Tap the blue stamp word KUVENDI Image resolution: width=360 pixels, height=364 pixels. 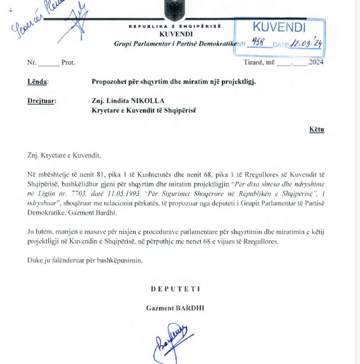279,27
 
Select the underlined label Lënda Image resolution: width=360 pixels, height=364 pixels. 37,82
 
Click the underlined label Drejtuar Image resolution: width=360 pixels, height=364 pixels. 42,101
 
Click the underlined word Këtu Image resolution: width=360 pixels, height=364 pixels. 317,130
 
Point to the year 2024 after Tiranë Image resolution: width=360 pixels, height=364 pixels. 316,62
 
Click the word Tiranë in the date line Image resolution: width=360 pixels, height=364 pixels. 254,62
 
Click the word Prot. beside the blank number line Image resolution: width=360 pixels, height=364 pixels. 68,62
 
